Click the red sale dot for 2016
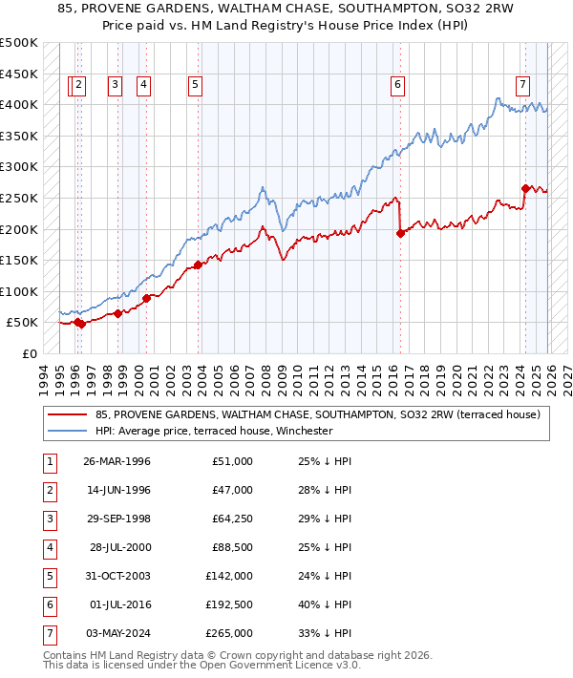[400, 234]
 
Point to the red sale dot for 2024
[525, 189]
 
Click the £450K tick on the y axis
[19, 74]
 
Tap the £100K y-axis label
[19, 291]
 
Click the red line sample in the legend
[67, 414]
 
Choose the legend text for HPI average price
[213, 431]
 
